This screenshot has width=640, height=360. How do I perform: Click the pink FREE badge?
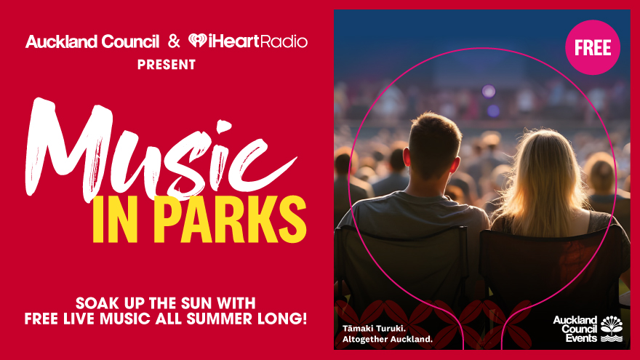click(593, 47)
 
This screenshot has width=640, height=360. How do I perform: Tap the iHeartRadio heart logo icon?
click(197, 41)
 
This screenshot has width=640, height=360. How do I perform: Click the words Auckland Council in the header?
click(92, 41)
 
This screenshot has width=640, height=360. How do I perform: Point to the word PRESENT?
click(167, 65)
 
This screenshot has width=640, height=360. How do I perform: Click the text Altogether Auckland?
click(388, 339)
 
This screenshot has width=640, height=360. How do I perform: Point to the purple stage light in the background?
click(489, 91)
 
